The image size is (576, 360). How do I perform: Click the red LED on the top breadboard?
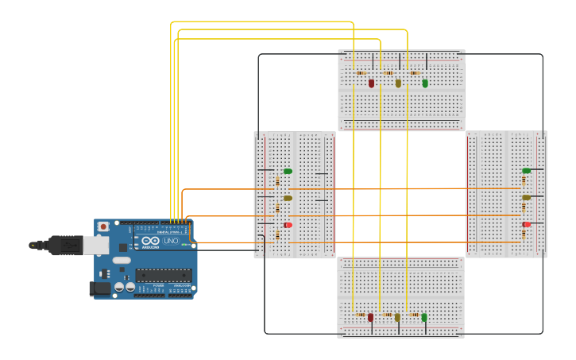coord(371,83)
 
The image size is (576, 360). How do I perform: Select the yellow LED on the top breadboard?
coord(398,83)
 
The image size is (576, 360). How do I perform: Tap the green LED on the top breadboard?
coord(425,83)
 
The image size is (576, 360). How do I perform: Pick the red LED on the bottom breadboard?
coord(370,317)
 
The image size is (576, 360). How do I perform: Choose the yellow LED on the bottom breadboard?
coord(397,317)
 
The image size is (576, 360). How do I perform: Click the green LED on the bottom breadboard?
coord(424,317)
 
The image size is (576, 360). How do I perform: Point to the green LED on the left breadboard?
coord(288,171)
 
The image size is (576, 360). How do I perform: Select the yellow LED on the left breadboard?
coord(288,198)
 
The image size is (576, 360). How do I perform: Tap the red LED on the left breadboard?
coord(288,225)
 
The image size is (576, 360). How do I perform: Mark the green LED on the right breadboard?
coord(526,170)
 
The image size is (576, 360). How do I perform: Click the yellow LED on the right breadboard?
coord(526,197)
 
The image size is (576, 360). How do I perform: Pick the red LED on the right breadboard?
coord(526,224)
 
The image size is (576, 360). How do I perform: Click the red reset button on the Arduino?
coord(102,227)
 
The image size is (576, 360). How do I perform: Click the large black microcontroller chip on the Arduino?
coord(163,275)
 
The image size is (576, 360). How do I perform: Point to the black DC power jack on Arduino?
coord(100,288)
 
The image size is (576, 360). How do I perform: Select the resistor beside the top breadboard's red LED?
coord(361,72)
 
